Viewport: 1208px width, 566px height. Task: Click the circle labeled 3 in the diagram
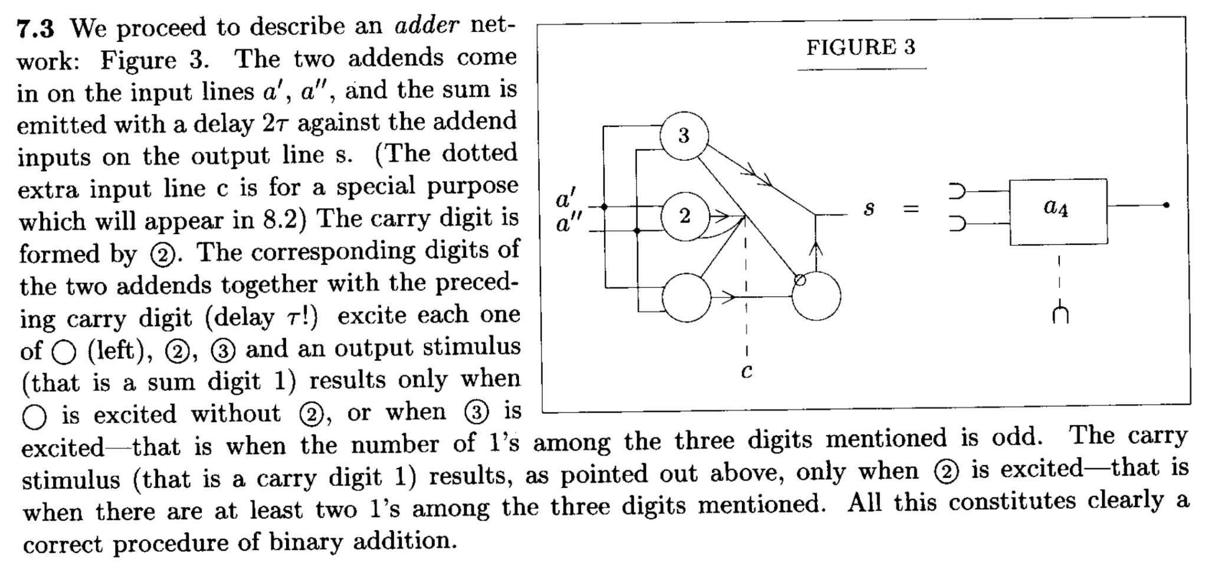coord(684,135)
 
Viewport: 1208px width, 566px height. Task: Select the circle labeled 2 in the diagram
coord(684,216)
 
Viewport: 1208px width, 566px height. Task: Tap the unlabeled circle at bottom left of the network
coord(686,297)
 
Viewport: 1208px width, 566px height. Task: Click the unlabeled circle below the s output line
coord(816,296)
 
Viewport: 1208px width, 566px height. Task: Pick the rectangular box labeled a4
coord(1058,211)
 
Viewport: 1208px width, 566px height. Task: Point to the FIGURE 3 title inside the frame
coord(861,47)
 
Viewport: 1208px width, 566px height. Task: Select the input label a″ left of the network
coord(569,224)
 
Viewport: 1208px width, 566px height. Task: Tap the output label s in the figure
coord(868,208)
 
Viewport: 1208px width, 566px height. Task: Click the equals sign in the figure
coord(911,208)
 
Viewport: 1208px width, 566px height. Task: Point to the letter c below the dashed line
coord(746,371)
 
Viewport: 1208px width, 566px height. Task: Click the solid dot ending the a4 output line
coord(1166,205)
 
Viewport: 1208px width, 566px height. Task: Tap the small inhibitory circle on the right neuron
coord(800,280)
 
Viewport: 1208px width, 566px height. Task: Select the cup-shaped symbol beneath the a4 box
coord(1060,314)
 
